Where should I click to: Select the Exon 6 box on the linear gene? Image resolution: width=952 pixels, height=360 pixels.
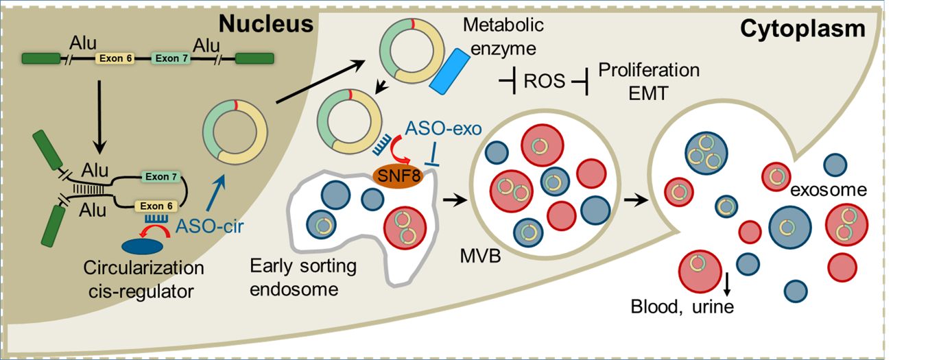(x=115, y=59)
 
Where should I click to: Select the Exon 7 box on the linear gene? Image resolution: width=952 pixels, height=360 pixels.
(x=167, y=59)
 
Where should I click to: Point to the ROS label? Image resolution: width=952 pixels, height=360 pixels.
(x=542, y=82)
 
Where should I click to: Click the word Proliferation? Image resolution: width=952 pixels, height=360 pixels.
(x=649, y=70)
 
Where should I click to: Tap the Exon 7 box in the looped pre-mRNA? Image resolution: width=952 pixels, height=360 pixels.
(x=160, y=177)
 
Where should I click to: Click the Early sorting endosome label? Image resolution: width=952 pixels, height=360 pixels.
(x=294, y=277)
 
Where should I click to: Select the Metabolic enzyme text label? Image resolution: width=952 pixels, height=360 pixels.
(x=503, y=37)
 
